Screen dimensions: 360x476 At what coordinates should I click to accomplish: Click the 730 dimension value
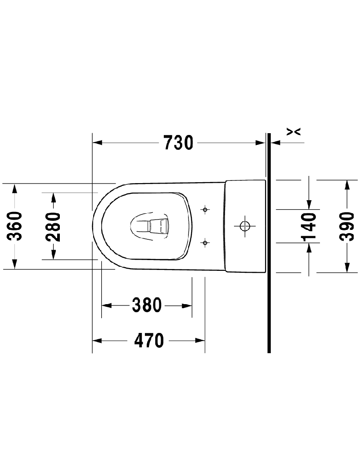(178, 143)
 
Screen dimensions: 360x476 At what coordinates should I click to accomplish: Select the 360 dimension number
(14, 226)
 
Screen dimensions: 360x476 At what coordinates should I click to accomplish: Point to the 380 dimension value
(147, 305)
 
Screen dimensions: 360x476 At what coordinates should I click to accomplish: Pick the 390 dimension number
(346, 226)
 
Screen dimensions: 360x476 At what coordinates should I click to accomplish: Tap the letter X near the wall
(293, 131)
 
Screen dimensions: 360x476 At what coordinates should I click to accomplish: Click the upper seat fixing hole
(205, 210)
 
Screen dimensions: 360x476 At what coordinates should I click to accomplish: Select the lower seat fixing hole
(205, 242)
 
